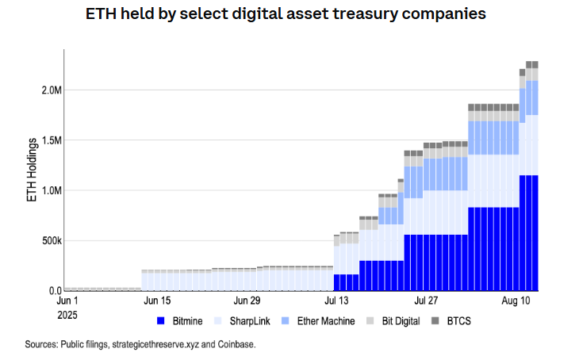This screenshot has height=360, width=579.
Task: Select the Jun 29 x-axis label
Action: click(x=246, y=301)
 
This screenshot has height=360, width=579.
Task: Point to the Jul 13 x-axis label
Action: click(x=336, y=301)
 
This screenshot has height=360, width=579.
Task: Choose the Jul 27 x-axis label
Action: click(x=427, y=301)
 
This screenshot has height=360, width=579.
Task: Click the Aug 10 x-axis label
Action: click(x=517, y=301)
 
